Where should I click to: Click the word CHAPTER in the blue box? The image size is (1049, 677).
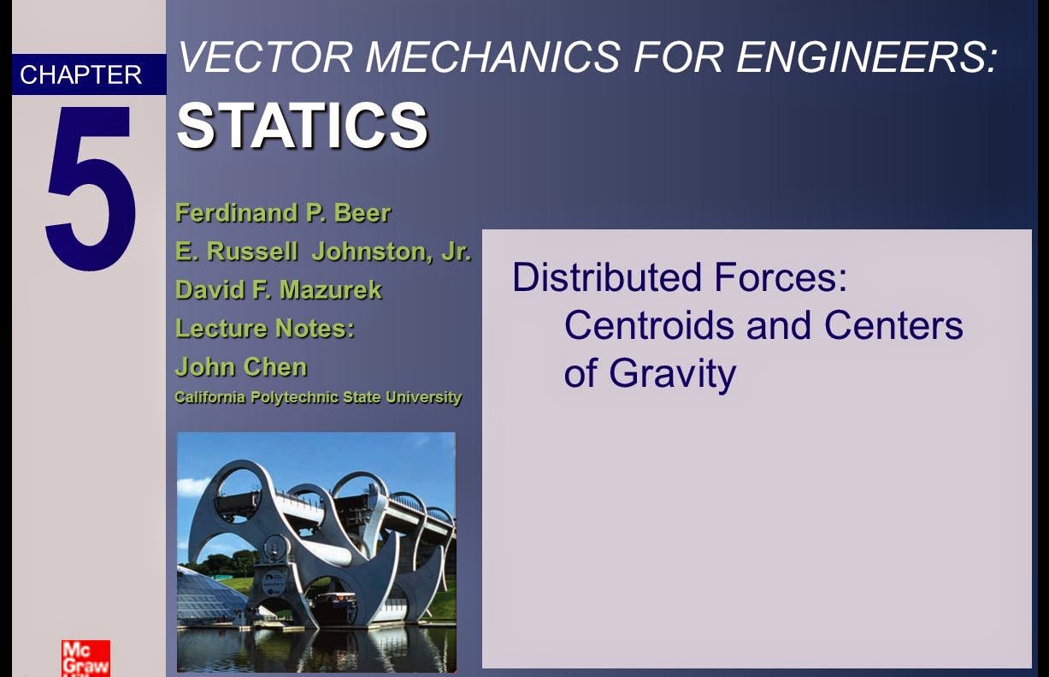[x=80, y=75]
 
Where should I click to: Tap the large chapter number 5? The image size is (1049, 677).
[x=89, y=188]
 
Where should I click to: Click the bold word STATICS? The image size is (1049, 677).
[x=302, y=126]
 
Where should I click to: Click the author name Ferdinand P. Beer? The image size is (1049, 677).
[x=282, y=212]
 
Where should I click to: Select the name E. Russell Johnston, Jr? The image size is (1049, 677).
[x=323, y=252]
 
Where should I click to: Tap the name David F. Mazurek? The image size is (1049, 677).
[x=278, y=290]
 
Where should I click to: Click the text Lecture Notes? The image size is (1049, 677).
[x=264, y=329]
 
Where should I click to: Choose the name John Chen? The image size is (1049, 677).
[x=240, y=367]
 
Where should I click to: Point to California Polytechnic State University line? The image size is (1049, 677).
[x=318, y=397]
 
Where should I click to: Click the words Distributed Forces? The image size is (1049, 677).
[x=679, y=278]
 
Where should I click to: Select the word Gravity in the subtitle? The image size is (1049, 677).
[x=672, y=374]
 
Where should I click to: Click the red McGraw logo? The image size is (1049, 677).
[x=85, y=657]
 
